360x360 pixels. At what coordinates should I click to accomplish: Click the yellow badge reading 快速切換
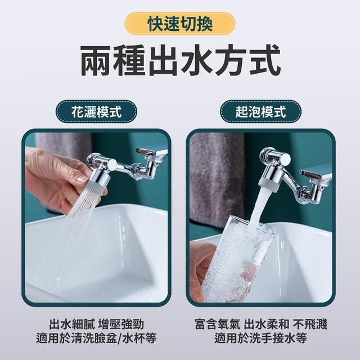[180, 24]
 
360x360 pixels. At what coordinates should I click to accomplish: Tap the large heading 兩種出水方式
[181, 60]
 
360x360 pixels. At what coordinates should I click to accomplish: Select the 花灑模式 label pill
[96, 112]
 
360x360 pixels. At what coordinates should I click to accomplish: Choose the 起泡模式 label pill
[260, 112]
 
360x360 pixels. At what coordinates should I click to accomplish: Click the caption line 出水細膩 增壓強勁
[96, 324]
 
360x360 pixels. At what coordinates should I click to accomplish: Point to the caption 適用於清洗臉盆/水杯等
[96, 338]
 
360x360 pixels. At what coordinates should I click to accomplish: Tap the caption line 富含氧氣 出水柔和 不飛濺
[260, 324]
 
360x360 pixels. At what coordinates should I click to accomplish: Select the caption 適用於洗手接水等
[260, 338]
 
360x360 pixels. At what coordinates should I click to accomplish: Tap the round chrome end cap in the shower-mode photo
[112, 164]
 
